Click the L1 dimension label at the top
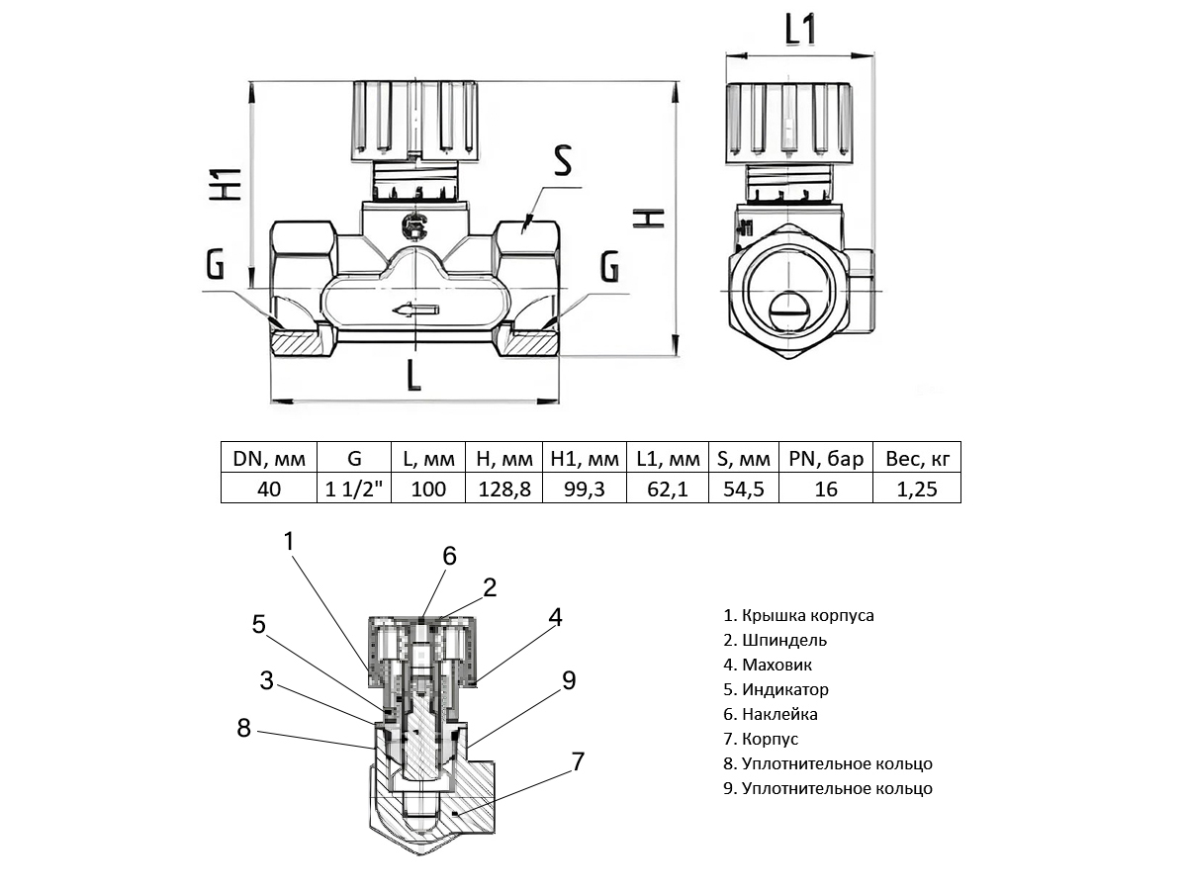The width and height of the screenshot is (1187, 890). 800,30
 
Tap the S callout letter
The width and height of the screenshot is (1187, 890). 563,160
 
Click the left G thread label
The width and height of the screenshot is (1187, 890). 215,265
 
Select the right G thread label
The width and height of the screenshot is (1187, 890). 610,266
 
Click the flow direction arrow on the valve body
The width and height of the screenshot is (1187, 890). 416,311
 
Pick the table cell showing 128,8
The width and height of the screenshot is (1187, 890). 504,489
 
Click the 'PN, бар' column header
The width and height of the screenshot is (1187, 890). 826,459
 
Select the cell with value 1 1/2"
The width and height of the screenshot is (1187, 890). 354,489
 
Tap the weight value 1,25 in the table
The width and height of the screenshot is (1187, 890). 917,489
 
